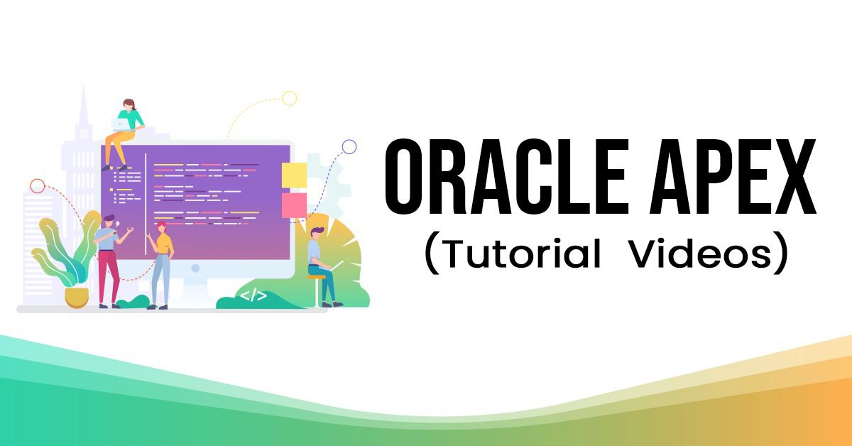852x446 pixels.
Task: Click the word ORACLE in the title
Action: pyautogui.click(x=506, y=176)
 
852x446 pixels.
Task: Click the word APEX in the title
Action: pyautogui.click(x=733, y=176)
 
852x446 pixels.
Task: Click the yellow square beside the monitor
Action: pyautogui.click(x=294, y=175)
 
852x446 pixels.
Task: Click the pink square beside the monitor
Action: pyautogui.click(x=294, y=205)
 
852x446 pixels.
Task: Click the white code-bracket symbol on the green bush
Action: pyautogui.click(x=253, y=295)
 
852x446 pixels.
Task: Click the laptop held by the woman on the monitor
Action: pyautogui.click(x=121, y=124)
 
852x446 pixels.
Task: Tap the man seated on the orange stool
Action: pyautogui.click(x=322, y=266)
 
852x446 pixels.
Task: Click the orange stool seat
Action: pyautogui.click(x=317, y=277)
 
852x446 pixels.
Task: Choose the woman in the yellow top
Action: pyautogui.click(x=161, y=265)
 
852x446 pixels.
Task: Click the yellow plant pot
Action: pyautogui.click(x=77, y=297)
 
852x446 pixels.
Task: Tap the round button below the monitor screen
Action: pyautogui.click(x=195, y=268)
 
